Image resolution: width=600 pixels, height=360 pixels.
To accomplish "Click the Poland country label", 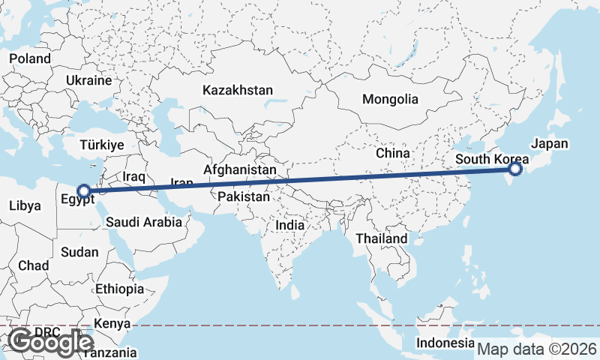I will coord(30,58).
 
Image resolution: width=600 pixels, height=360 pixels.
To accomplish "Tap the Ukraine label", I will coord(88,80).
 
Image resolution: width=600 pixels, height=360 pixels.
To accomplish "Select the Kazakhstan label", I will coord(237,90).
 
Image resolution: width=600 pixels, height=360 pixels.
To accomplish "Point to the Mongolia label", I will coord(390,99).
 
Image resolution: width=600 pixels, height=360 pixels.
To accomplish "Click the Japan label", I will coord(550,144).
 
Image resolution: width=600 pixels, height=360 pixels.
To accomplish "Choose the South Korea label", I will coord(491,159).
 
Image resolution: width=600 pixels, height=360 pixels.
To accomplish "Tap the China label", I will coord(393,153).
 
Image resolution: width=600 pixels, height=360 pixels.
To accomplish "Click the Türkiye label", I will coord(102,145).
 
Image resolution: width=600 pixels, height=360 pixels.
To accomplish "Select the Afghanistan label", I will coord(239,170).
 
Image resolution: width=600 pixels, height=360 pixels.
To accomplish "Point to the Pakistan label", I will coord(244,197).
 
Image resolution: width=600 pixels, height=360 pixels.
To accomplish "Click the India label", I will coord(290,225).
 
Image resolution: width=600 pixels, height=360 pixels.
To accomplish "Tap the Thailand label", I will coord(382,238).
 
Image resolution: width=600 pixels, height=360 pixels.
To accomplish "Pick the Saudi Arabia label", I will coord(144,222).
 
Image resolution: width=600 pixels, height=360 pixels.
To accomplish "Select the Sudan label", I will coord(79,252).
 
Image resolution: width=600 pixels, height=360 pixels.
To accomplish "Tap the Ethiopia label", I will coord(119,289).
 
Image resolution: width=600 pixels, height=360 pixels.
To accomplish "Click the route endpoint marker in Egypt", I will coord(85,191).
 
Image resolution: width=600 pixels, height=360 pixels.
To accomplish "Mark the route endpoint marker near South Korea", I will coord(515,169).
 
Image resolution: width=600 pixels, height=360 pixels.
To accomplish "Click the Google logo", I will coord(51,342).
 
